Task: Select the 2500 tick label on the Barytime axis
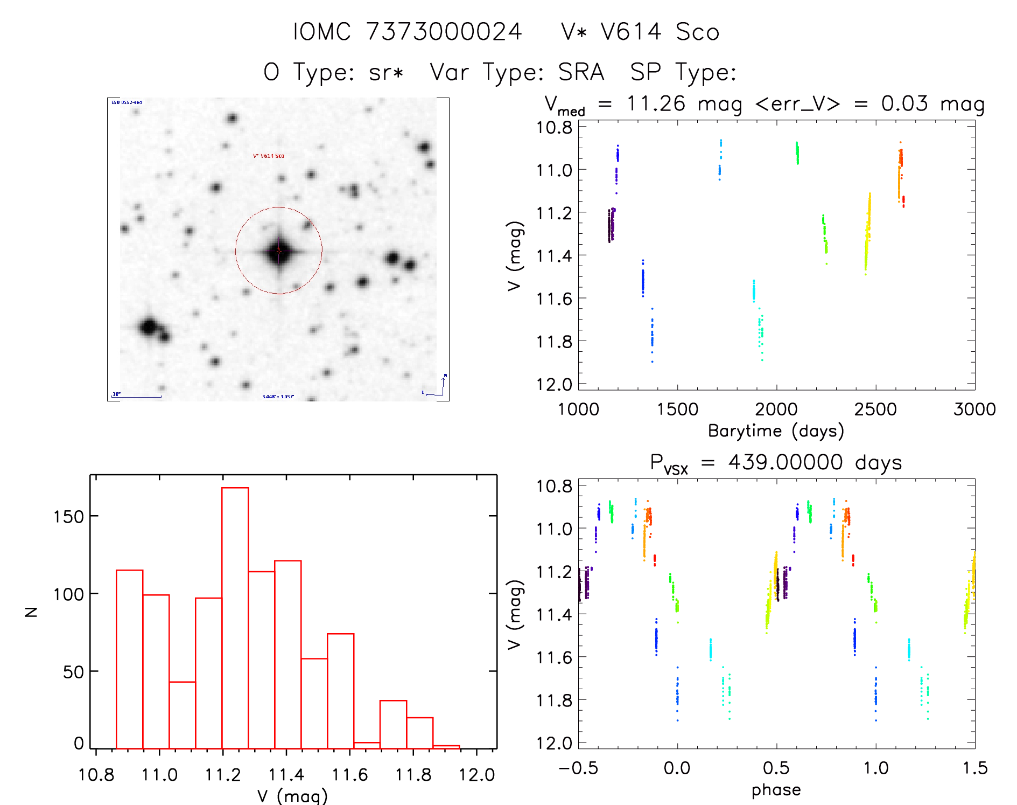click(x=875, y=410)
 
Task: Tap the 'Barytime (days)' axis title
click(x=776, y=431)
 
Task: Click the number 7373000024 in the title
click(x=444, y=32)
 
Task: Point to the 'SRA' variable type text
click(x=581, y=72)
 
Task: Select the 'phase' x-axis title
click(x=776, y=790)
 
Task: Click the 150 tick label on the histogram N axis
click(x=69, y=517)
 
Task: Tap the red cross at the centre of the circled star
click(x=279, y=251)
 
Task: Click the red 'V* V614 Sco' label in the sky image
click(x=269, y=156)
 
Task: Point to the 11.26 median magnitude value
click(x=656, y=103)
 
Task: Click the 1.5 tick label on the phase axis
click(x=975, y=768)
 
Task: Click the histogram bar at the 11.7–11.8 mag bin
click(x=393, y=725)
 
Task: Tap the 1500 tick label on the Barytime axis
click(x=677, y=410)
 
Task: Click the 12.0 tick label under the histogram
click(x=476, y=775)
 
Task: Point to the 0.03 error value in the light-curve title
click(x=904, y=103)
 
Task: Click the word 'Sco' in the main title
click(x=698, y=32)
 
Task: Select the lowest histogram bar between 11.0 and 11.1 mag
click(x=183, y=715)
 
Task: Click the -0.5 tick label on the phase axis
click(x=578, y=768)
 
